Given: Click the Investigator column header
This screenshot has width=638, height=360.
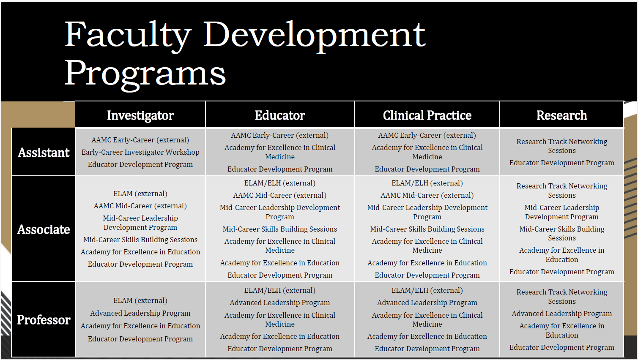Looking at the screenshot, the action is (x=140, y=115).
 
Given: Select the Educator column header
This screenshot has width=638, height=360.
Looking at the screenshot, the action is (x=280, y=115).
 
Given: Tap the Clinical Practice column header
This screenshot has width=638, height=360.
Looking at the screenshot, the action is (x=427, y=115).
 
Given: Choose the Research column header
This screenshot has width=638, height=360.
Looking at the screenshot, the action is (x=561, y=115).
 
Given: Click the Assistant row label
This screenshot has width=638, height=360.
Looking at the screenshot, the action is (x=44, y=153).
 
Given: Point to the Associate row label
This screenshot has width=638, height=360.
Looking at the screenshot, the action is (x=43, y=229).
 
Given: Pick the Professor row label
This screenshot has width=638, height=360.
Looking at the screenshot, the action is (x=44, y=320).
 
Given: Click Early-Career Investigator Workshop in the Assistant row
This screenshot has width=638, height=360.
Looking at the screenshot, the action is (x=140, y=152).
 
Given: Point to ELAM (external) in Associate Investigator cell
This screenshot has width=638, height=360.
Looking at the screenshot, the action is (x=140, y=194).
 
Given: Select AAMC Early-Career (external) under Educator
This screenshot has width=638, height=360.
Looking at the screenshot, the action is (x=280, y=136).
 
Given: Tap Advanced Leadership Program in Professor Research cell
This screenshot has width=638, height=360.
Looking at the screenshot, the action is (x=561, y=314).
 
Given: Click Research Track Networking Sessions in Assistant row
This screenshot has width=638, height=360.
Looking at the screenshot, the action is (x=561, y=146).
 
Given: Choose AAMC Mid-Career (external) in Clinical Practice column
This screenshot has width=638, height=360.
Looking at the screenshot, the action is (x=427, y=196).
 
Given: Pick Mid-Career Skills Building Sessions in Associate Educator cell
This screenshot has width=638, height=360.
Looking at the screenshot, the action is (x=280, y=229).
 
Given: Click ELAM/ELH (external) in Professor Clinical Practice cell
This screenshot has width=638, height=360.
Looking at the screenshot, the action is (x=427, y=291).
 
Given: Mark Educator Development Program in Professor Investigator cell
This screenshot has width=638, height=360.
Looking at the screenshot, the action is (x=140, y=339).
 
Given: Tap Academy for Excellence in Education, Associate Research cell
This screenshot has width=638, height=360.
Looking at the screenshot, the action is (x=561, y=255).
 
